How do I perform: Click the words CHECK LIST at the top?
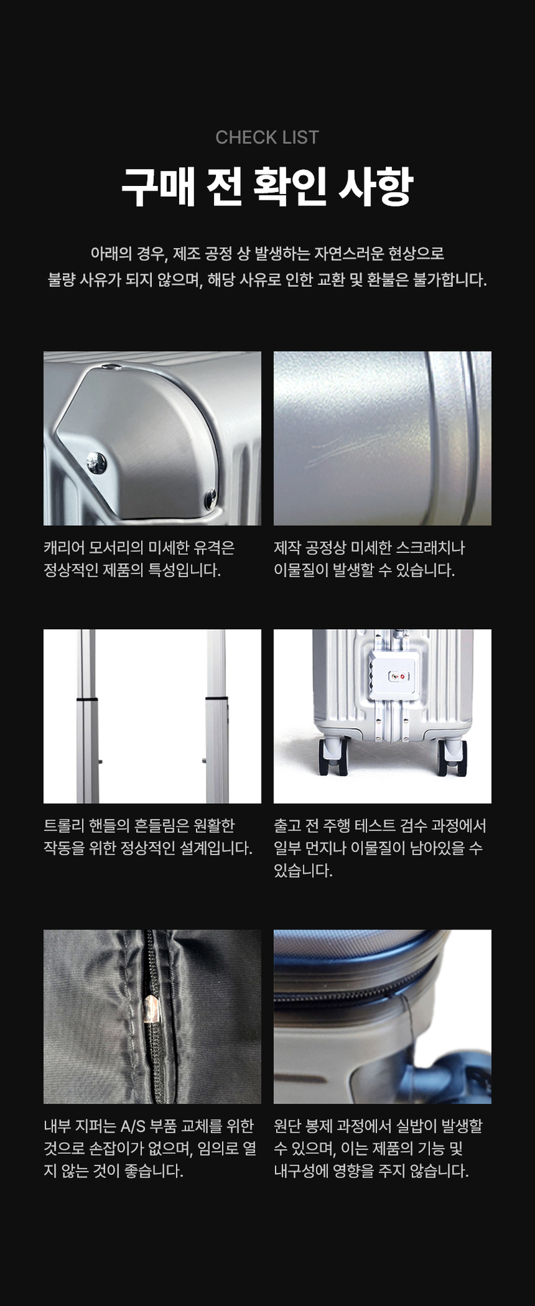point(267,137)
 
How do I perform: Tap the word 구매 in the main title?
point(158,187)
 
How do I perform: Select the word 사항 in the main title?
point(376,187)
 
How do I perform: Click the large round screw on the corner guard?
point(97,461)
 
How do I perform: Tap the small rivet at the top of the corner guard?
point(115,366)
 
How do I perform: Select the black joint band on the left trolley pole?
point(87,699)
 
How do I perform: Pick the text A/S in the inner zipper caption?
point(132,1126)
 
